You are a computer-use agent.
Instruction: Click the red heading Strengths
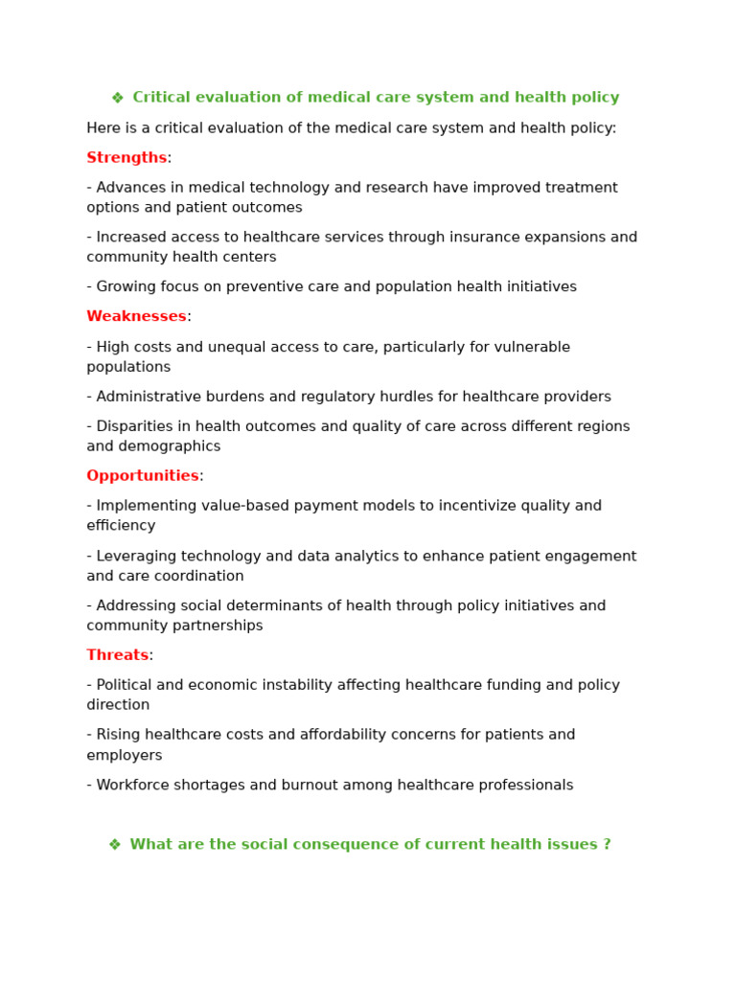tap(126, 158)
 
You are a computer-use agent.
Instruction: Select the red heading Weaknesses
tap(136, 317)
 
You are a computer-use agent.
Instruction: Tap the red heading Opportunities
tap(143, 476)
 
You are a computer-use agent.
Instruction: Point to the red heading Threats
tap(117, 655)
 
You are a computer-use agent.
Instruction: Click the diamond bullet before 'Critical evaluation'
tap(117, 98)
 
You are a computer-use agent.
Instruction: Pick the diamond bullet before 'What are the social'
tap(114, 845)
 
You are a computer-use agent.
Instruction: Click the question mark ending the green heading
tap(606, 845)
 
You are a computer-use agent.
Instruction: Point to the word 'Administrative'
tap(148, 397)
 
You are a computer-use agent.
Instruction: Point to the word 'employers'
tap(125, 756)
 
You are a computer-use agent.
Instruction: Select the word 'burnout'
tap(308, 786)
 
